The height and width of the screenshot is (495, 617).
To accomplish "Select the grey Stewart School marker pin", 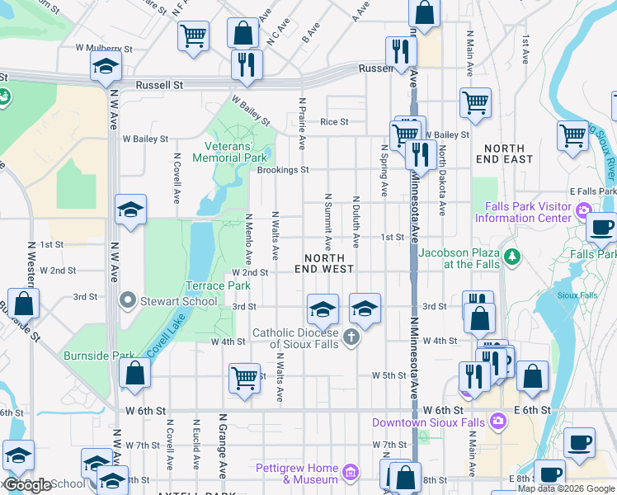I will [x=127, y=299].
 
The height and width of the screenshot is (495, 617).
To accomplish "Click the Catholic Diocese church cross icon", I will [x=351, y=337].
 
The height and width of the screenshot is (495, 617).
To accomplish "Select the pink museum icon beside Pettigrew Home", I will [x=351, y=473].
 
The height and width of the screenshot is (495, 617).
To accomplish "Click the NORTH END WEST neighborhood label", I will [x=325, y=262].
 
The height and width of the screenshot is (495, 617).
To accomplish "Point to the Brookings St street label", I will [x=282, y=170].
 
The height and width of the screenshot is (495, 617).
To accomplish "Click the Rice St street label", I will [x=334, y=122].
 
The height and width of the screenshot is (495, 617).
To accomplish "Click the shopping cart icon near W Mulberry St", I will [x=193, y=35].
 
